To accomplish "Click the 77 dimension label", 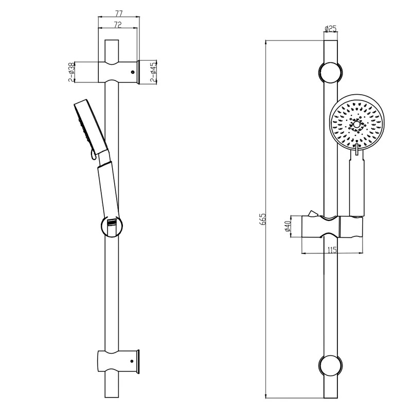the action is coord(119,13).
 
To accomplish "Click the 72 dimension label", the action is coord(118,25).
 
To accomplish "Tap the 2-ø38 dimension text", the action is coord(71,72).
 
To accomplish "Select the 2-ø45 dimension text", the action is coord(153,72).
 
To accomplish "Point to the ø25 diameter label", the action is coord(331,28).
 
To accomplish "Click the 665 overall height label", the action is coord(262,219).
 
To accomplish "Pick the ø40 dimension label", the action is coord(288,226).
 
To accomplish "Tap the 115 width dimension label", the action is coord(332,250).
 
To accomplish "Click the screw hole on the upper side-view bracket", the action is coord(133,72).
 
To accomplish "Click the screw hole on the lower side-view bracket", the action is coord(132,362).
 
